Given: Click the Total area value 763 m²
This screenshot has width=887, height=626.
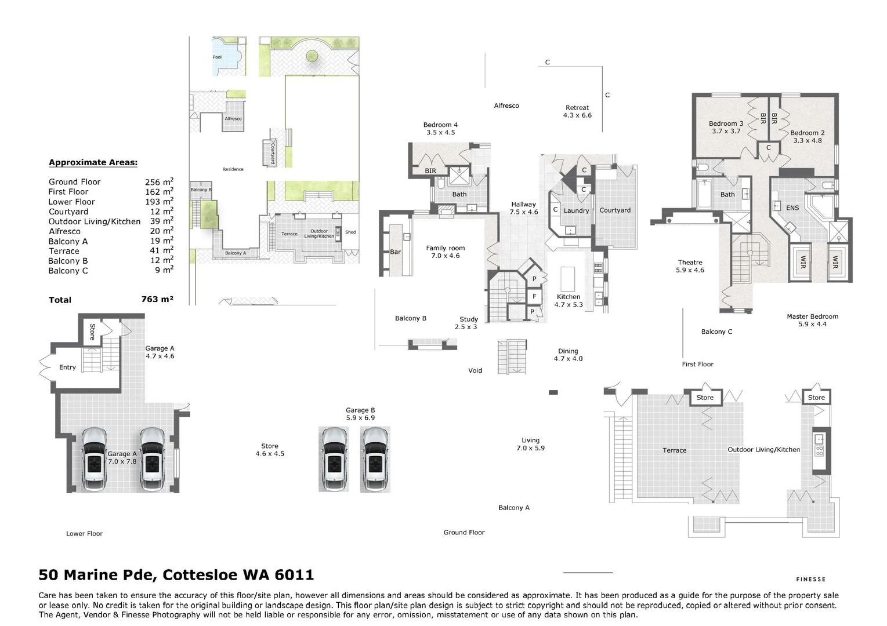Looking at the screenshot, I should [157, 300].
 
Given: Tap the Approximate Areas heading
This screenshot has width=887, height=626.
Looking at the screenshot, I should [93, 163].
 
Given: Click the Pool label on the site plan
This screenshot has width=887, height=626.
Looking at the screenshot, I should [217, 57].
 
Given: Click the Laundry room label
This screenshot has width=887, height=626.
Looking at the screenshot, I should [576, 211].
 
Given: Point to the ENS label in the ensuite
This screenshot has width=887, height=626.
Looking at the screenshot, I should [792, 208].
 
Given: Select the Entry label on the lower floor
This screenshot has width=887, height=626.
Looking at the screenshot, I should [67, 367].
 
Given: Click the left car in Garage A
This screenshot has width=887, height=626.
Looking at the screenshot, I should [93, 460].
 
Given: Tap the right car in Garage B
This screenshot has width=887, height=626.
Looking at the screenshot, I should [375, 460].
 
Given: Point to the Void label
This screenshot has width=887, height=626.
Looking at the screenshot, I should [475, 371].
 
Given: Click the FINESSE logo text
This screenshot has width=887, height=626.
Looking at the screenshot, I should [810, 579].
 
